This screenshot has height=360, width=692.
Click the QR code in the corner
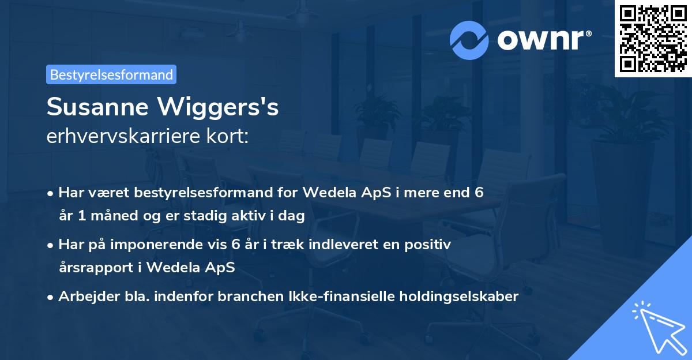point(653,39)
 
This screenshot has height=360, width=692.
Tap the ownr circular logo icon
point(469,40)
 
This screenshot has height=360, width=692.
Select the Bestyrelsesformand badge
point(111,74)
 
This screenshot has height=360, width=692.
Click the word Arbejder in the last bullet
point(84,297)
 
